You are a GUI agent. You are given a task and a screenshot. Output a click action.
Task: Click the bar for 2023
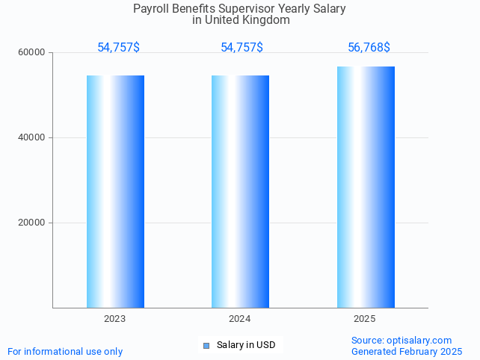(115, 191)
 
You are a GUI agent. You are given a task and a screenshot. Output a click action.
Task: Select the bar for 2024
(240, 191)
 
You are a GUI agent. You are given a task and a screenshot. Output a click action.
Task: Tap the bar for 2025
(366, 187)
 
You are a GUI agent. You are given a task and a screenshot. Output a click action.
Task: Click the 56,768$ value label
(369, 48)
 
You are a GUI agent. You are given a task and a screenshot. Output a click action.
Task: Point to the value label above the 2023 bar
(118, 48)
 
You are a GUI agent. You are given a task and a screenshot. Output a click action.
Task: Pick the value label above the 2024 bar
(241, 48)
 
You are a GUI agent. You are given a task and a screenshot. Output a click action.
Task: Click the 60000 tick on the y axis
(33, 53)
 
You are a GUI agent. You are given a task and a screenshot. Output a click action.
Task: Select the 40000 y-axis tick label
(33, 138)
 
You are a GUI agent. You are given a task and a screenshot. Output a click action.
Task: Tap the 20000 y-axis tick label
(33, 223)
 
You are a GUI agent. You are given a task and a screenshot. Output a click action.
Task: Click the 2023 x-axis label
(115, 319)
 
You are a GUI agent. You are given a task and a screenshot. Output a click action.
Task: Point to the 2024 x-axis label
(240, 319)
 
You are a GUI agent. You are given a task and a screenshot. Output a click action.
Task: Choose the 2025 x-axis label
(365, 319)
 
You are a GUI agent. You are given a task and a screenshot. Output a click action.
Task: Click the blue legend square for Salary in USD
(206, 345)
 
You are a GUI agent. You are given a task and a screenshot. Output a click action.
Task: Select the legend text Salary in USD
(246, 345)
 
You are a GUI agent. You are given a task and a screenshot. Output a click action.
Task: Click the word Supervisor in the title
(246, 9)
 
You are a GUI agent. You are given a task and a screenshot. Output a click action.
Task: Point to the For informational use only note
(65, 351)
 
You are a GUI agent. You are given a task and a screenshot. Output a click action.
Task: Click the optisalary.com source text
(419, 341)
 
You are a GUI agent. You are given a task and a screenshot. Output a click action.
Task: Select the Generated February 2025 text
(407, 351)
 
